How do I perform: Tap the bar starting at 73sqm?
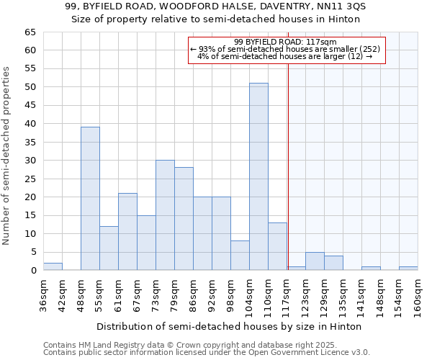point(165,215)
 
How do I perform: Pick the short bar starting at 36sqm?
point(53,266)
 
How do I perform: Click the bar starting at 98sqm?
point(240,256)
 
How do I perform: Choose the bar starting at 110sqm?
point(277,246)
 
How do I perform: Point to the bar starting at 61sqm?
point(127,232)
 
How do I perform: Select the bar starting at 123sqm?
point(315,261)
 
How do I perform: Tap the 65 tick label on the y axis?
point(30,32)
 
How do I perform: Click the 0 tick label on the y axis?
point(32,271)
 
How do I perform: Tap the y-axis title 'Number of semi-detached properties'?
point(7,156)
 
